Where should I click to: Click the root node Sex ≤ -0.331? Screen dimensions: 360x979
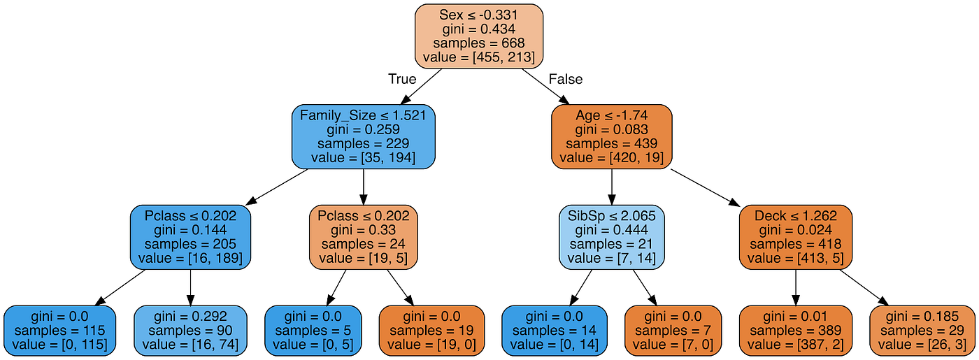479,35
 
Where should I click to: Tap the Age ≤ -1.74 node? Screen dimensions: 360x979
611,137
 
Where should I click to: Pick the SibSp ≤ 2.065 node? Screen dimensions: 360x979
611,238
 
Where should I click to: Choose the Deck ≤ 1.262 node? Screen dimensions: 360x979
795,238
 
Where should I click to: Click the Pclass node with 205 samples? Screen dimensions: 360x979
190,238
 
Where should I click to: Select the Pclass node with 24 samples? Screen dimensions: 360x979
363,238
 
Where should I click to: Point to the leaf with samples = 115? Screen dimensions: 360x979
59,331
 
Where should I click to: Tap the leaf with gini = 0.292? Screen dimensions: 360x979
190,331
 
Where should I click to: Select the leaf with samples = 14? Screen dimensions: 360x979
555,331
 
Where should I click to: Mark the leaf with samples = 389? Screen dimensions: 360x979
795,331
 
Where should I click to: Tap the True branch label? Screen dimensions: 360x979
402,79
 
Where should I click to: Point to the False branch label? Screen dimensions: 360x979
566,79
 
